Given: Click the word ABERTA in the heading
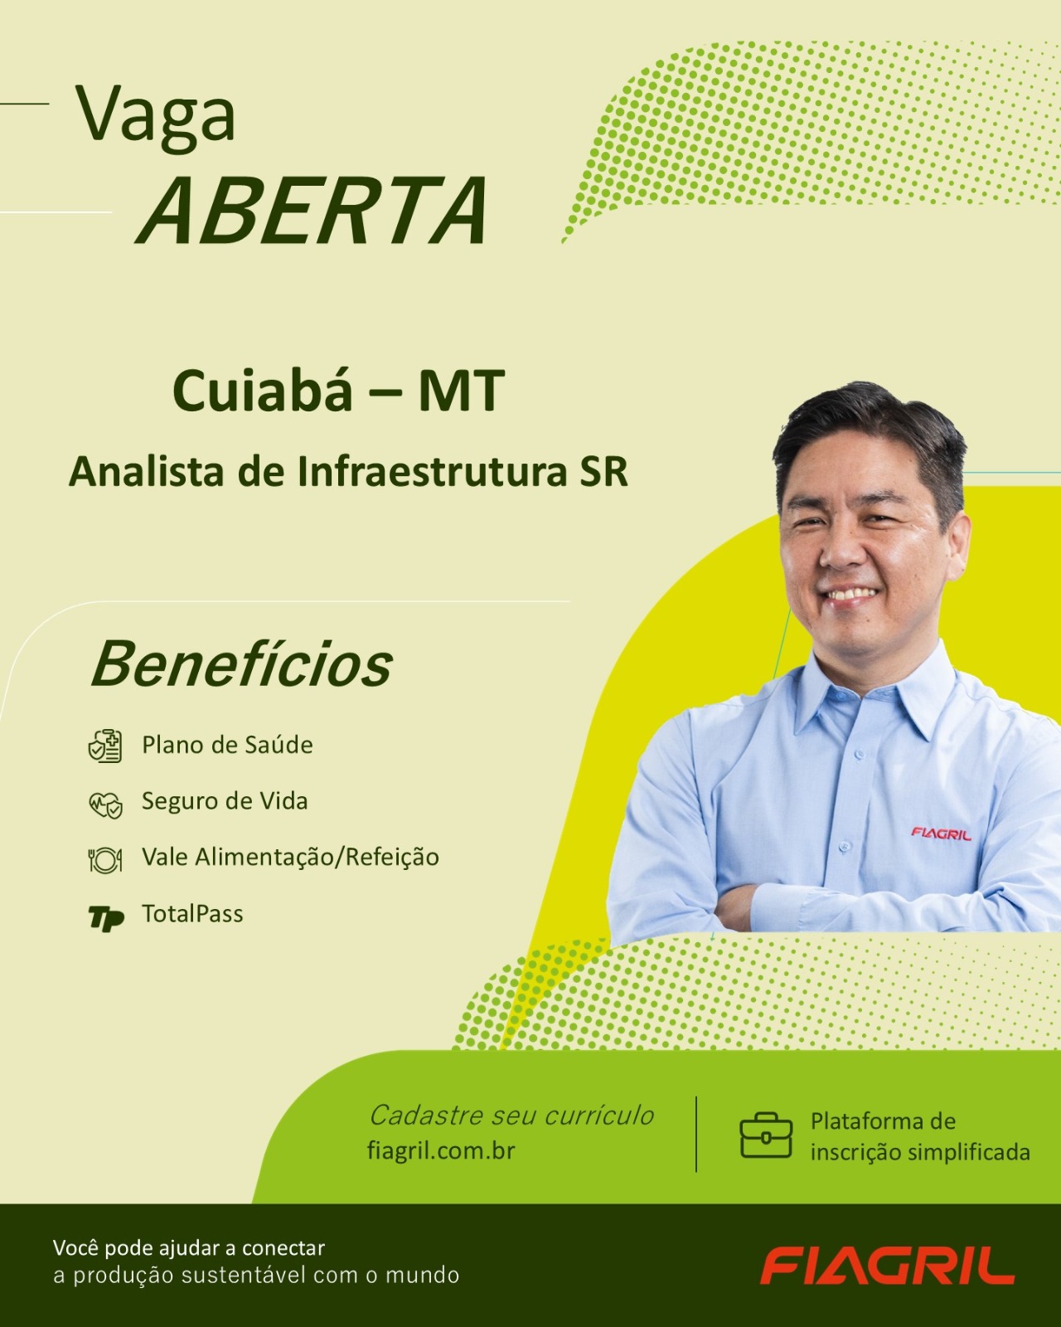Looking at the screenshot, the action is [312, 211].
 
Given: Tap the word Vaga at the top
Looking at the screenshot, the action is [155, 118].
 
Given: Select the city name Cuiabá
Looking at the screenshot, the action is [261, 391].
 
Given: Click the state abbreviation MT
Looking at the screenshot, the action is [461, 391].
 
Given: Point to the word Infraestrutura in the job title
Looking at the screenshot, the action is [432, 472].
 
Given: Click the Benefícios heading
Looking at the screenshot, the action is [242, 663].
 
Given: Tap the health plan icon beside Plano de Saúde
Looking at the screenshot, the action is [105, 746].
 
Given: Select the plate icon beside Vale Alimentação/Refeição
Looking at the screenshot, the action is [105, 860].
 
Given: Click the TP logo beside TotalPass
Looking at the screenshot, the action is [106, 917].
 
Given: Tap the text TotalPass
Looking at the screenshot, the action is [192, 914].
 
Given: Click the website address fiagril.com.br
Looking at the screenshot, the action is [441, 1150].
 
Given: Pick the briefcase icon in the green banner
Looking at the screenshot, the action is [766, 1135].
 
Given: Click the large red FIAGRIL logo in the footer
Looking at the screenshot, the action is [887, 1266].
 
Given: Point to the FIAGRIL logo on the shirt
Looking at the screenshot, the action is [941, 834].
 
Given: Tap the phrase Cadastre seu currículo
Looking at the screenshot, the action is [511, 1116].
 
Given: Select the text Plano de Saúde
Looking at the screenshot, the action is [227, 745].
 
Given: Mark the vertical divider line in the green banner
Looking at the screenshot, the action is [696, 1134].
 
